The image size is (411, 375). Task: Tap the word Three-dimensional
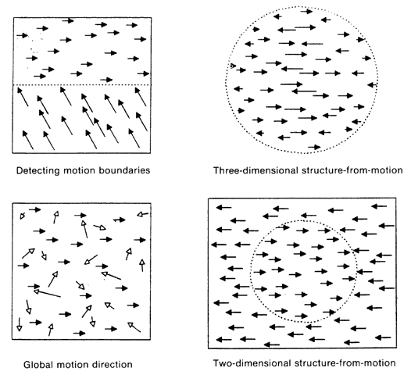point(256,170)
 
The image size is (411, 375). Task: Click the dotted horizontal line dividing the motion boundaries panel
point(81,85)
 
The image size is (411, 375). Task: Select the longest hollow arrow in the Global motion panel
point(47,294)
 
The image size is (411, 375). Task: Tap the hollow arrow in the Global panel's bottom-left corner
point(19,324)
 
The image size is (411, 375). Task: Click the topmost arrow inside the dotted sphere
point(306,12)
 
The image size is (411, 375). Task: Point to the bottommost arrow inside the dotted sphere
point(314,147)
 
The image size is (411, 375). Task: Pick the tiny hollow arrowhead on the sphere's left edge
point(233,66)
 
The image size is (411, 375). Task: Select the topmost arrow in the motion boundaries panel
point(68,20)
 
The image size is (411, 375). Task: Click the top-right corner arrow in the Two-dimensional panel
point(379,206)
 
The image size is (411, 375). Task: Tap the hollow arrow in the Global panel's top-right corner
point(142,214)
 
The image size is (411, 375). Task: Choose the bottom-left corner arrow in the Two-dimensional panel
point(223,340)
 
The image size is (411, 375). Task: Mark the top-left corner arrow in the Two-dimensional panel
point(223,208)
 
